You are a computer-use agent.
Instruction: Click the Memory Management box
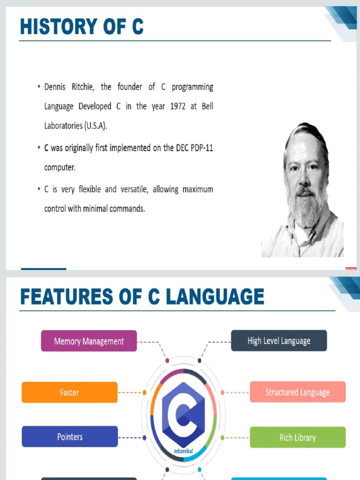(89, 341)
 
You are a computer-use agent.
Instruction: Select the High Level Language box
(279, 341)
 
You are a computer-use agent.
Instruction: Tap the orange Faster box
(69, 392)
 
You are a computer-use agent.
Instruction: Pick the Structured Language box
(298, 392)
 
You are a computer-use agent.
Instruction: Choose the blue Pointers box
(70, 436)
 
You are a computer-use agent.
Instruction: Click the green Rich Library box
(298, 437)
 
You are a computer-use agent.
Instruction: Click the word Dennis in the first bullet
(57, 87)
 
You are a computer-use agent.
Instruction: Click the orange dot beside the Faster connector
(144, 392)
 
